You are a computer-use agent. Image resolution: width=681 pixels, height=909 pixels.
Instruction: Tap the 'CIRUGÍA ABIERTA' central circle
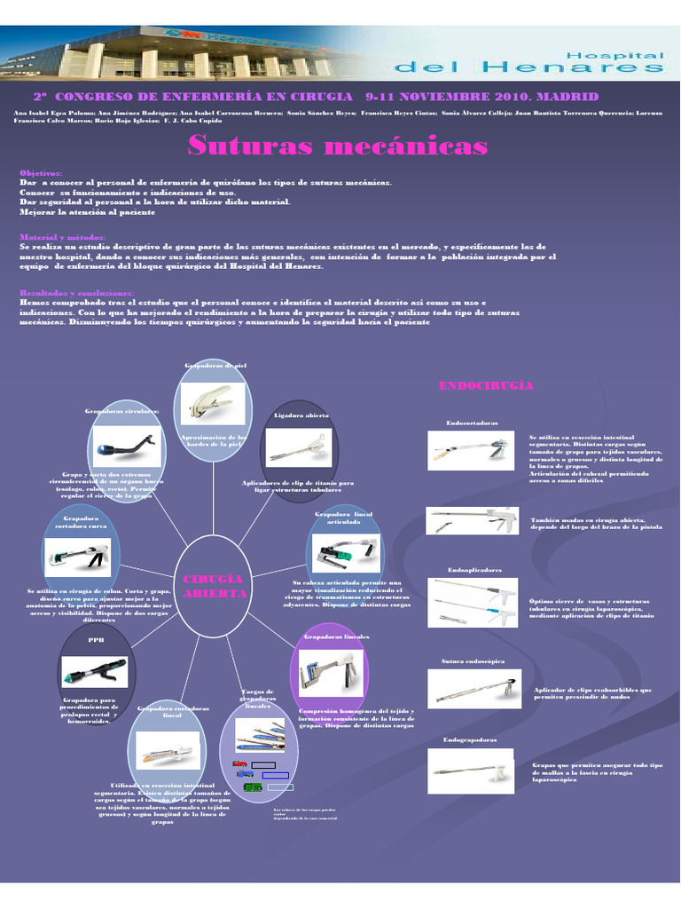pos(213,586)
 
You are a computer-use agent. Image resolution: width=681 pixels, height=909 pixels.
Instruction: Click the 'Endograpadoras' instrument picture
pos(471,771)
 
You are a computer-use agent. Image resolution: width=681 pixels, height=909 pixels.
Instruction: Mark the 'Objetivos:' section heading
pos(41,172)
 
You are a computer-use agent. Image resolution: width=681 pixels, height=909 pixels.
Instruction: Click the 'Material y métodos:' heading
pos(62,237)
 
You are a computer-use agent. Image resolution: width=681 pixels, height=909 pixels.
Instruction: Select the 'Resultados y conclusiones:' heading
pos(77,293)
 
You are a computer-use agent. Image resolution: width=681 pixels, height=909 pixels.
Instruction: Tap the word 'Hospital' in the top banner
pos(621,54)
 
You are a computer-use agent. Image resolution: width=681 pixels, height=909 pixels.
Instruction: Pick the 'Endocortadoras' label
pos(473,423)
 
